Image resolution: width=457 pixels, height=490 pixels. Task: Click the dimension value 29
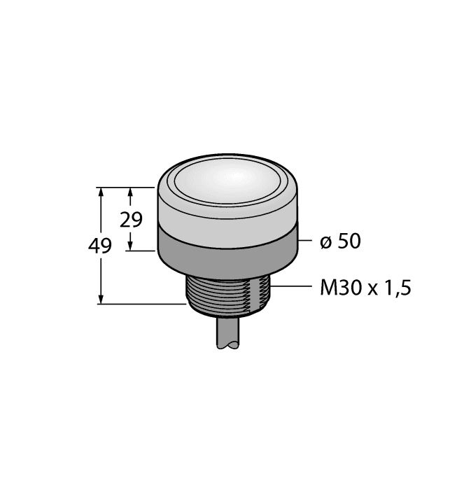pyautogui.click(x=131, y=220)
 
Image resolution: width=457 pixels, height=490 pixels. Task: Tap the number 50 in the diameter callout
pyautogui.click(x=348, y=241)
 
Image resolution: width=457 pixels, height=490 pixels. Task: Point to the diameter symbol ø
pyautogui.click(x=325, y=242)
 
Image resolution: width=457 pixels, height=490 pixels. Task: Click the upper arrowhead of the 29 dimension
pyautogui.click(x=130, y=192)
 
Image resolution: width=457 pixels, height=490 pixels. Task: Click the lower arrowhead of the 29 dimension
pyautogui.click(x=130, y=246)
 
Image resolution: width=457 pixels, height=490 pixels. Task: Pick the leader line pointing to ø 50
pyautogui.click(x=305, y=241)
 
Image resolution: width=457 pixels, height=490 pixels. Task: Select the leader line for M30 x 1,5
pyautogui.click(x=293, y=287)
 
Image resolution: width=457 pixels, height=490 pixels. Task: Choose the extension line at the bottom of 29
pyautogui.click(x=143, y=251)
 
